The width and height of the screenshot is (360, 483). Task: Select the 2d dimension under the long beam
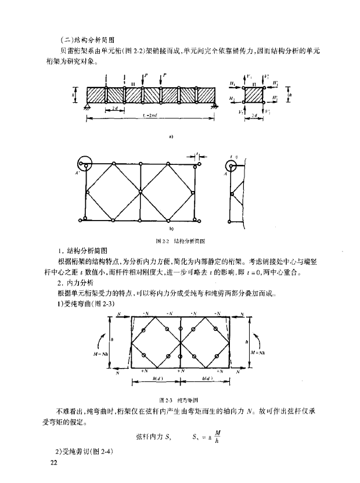pos(115,109)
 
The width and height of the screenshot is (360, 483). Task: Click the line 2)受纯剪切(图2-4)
pos(87,450)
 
